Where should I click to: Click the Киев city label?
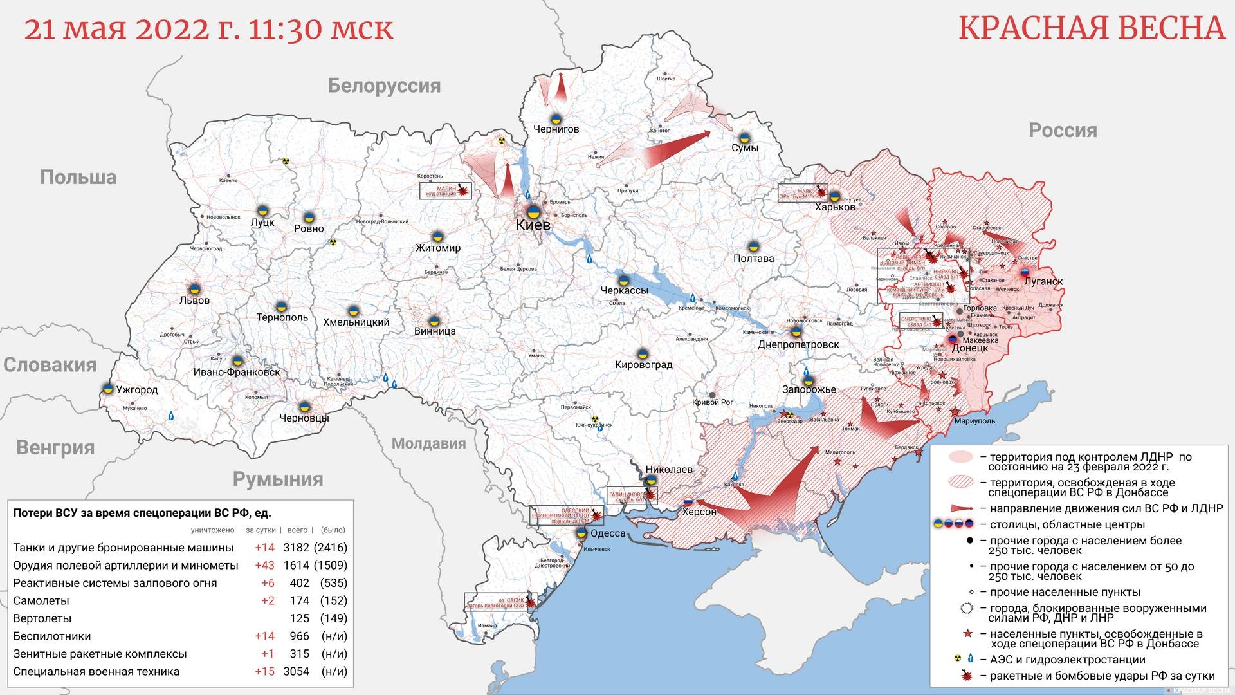[x=533, y=225]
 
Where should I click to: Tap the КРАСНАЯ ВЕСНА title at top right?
[x=1092, y=28]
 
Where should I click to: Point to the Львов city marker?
[x=194, y=288]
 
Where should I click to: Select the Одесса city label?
[x=607, y=533]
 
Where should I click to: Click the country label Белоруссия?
[x=384, y=86]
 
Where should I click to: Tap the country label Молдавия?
[x=428, y=443]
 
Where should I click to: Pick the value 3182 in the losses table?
[x=296, y=548]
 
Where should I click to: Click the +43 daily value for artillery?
[x=264, y=565]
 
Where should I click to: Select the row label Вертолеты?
[x=42, y=618]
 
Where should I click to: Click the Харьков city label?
[x=835, y=207]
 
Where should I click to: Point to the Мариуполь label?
[x=974, y=421]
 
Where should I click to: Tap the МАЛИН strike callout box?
[x=445, y=190]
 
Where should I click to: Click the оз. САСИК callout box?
[x=500, y=602]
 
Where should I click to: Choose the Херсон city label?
[x=699, y=512]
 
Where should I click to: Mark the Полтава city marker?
[x=753, y=246]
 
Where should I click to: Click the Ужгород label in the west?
[x=136, y=389]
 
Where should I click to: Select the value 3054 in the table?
[x=296, y=671]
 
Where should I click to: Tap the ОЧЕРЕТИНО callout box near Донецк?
[x=920, y=320]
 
